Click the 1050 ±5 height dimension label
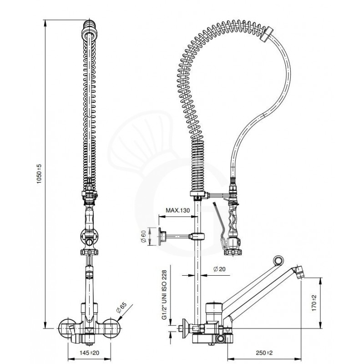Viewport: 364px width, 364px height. (x=39, y=174)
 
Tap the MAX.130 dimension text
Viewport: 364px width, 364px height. (x=177, y=210)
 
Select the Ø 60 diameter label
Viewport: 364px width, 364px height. (x=144, y=237)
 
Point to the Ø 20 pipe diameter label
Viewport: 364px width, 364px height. (x=219, y=269)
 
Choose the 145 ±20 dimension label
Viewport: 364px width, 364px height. (x=89, y=353)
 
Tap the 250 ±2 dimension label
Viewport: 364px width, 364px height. (x=264, y=353)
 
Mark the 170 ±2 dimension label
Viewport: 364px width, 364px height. (x=314, y=303)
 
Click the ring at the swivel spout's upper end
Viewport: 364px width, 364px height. (x=278, y=260)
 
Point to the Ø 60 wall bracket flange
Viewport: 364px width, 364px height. (x=162, y=236)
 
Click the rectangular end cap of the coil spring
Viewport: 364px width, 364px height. (x=267, y=35)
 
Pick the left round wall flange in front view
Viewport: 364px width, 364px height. (x=67, y=328)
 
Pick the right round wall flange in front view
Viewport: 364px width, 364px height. (x=112, y=328)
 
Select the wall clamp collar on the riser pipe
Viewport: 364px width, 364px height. (x=197, y=237)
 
